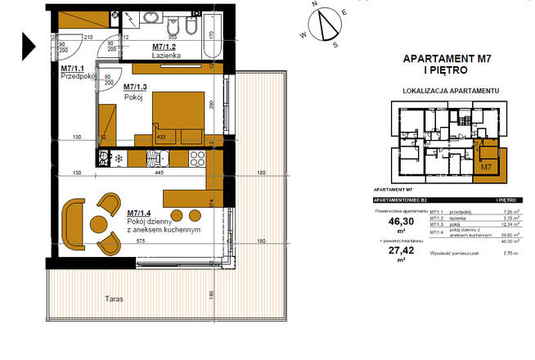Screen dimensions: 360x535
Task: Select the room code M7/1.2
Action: (166, 47)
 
